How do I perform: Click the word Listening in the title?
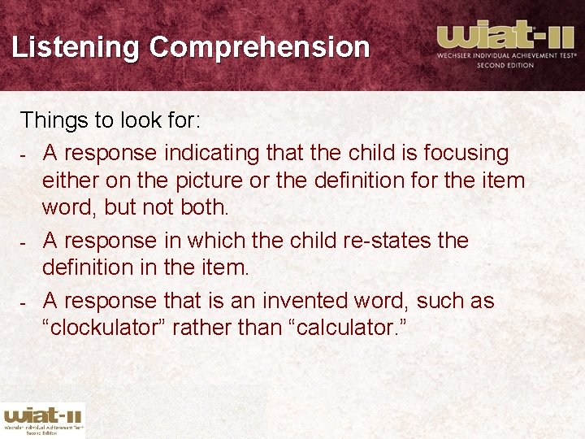[x=76, y=47]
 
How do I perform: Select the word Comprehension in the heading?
[x=259, y=47]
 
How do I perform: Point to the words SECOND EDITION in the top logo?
[x=505, y=65]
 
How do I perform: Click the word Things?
[x=54, y=121]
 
